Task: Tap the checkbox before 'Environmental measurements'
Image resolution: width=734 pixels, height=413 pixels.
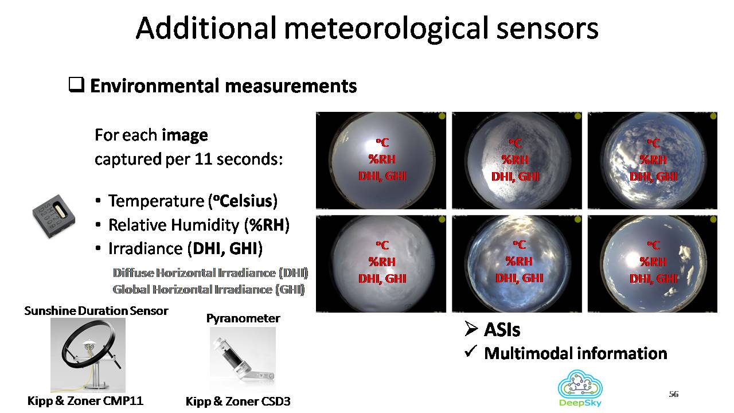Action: click(x=76, y=85)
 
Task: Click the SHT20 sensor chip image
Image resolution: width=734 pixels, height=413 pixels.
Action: click(x=54, y=216)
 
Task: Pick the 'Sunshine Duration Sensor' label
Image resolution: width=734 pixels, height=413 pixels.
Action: click(x=96, y=311)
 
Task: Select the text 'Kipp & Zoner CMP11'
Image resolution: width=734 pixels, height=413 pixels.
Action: click(x=85, y=400)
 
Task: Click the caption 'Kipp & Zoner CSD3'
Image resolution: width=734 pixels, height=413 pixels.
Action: click(x=238, y=401)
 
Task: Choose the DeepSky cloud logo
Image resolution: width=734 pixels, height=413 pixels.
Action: click(x=580, y=388)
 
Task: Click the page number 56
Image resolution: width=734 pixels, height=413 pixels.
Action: click(x=673, y=393)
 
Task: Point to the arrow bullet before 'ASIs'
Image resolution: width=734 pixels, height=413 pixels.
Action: click(x=471, y=329)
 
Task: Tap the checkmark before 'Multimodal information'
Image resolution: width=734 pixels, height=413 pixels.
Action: click(x=470, y=352)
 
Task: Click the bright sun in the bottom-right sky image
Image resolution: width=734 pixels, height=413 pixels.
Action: click(x=633, y=260)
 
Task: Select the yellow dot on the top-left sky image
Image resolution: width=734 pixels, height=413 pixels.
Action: click(x=442, y=116)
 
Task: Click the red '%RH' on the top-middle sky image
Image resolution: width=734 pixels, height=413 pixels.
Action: click(x=515, y=159)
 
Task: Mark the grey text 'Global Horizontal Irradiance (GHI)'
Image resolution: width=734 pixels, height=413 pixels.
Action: click(x=208, y=290)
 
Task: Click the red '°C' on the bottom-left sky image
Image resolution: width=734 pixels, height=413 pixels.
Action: click(x=382, y=245)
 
